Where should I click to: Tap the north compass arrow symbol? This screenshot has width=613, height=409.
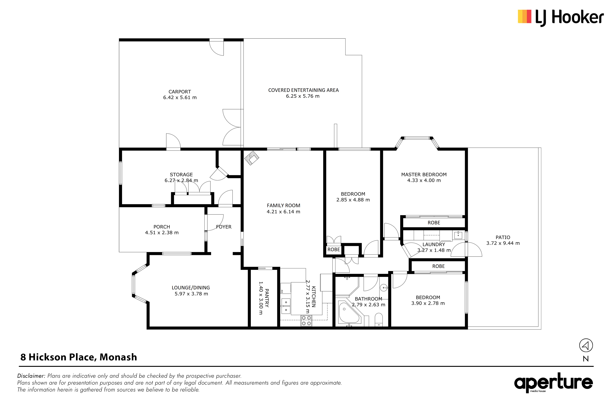586,346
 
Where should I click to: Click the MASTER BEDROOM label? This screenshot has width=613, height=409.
424,175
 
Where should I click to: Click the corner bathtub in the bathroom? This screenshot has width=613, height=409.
349,314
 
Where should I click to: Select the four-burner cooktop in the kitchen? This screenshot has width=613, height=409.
306,321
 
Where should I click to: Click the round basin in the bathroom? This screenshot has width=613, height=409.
384,288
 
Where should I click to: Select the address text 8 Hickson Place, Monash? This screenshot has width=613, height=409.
79,357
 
